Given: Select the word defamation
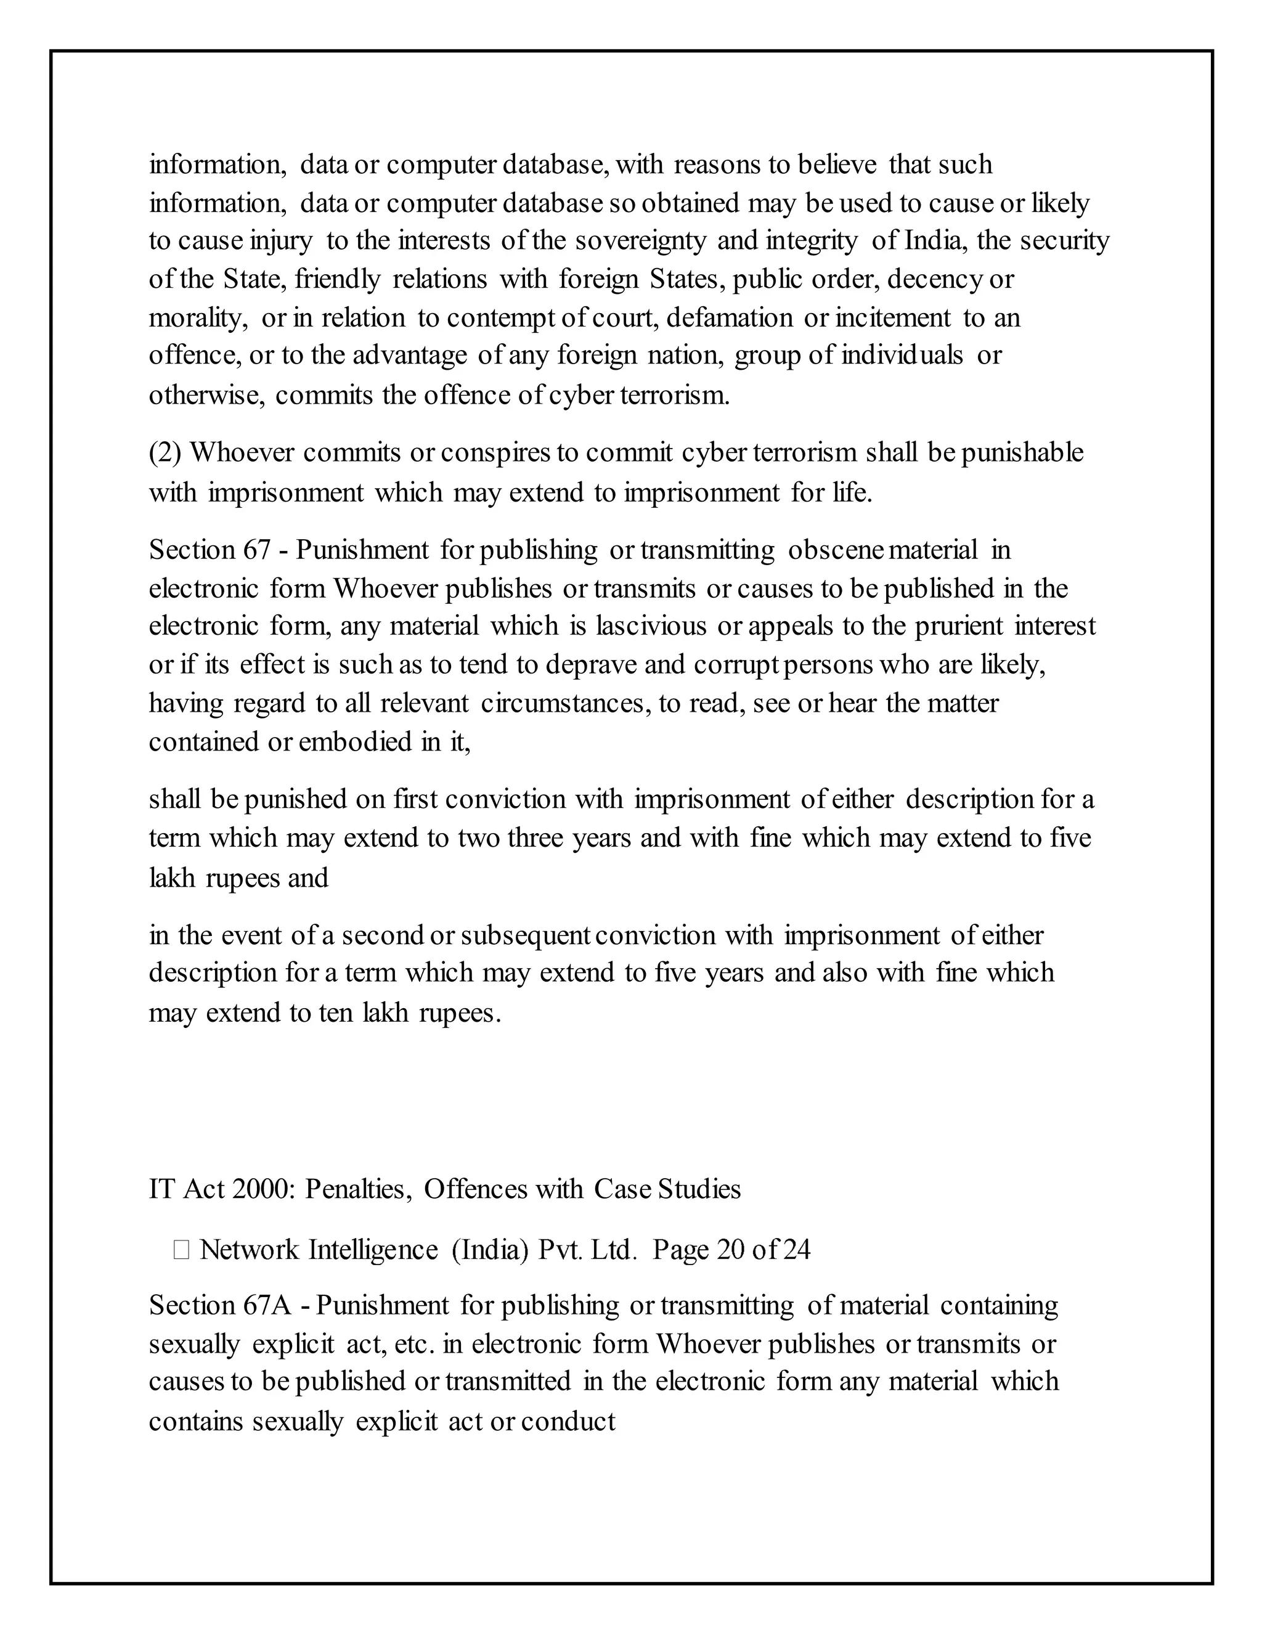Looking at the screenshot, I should tap(729, 318).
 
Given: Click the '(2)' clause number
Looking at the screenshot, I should tap(165, 453).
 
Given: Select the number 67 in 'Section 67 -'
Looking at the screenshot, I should tap(256, 550).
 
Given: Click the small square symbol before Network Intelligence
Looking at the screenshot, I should tap(181, 1250).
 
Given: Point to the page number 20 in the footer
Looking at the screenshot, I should tap(730, 1250).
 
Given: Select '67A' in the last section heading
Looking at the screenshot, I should tap(266, 1305).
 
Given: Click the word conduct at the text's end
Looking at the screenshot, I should tap(568, 1420).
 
